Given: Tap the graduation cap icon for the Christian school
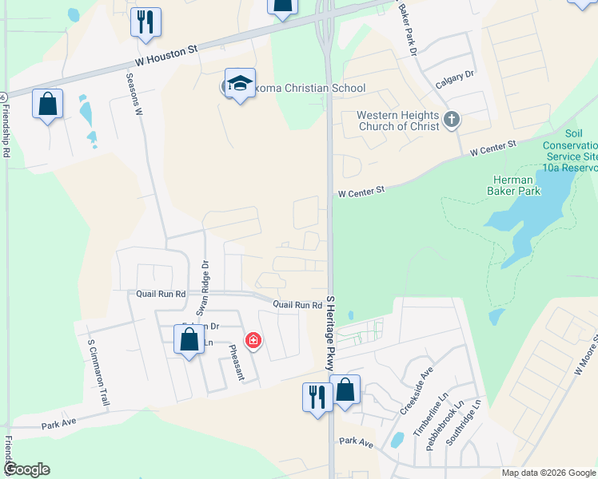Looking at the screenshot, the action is coord(239,84).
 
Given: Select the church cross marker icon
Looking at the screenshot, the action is coord(451,121).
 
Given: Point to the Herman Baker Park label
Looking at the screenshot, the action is coord(513,185).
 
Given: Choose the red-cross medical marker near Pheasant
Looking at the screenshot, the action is coord(253,342).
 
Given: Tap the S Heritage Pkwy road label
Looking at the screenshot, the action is coord(329,332).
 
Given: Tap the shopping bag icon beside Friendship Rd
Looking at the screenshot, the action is coord(48,104).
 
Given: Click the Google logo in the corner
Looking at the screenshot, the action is coord(26,469).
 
